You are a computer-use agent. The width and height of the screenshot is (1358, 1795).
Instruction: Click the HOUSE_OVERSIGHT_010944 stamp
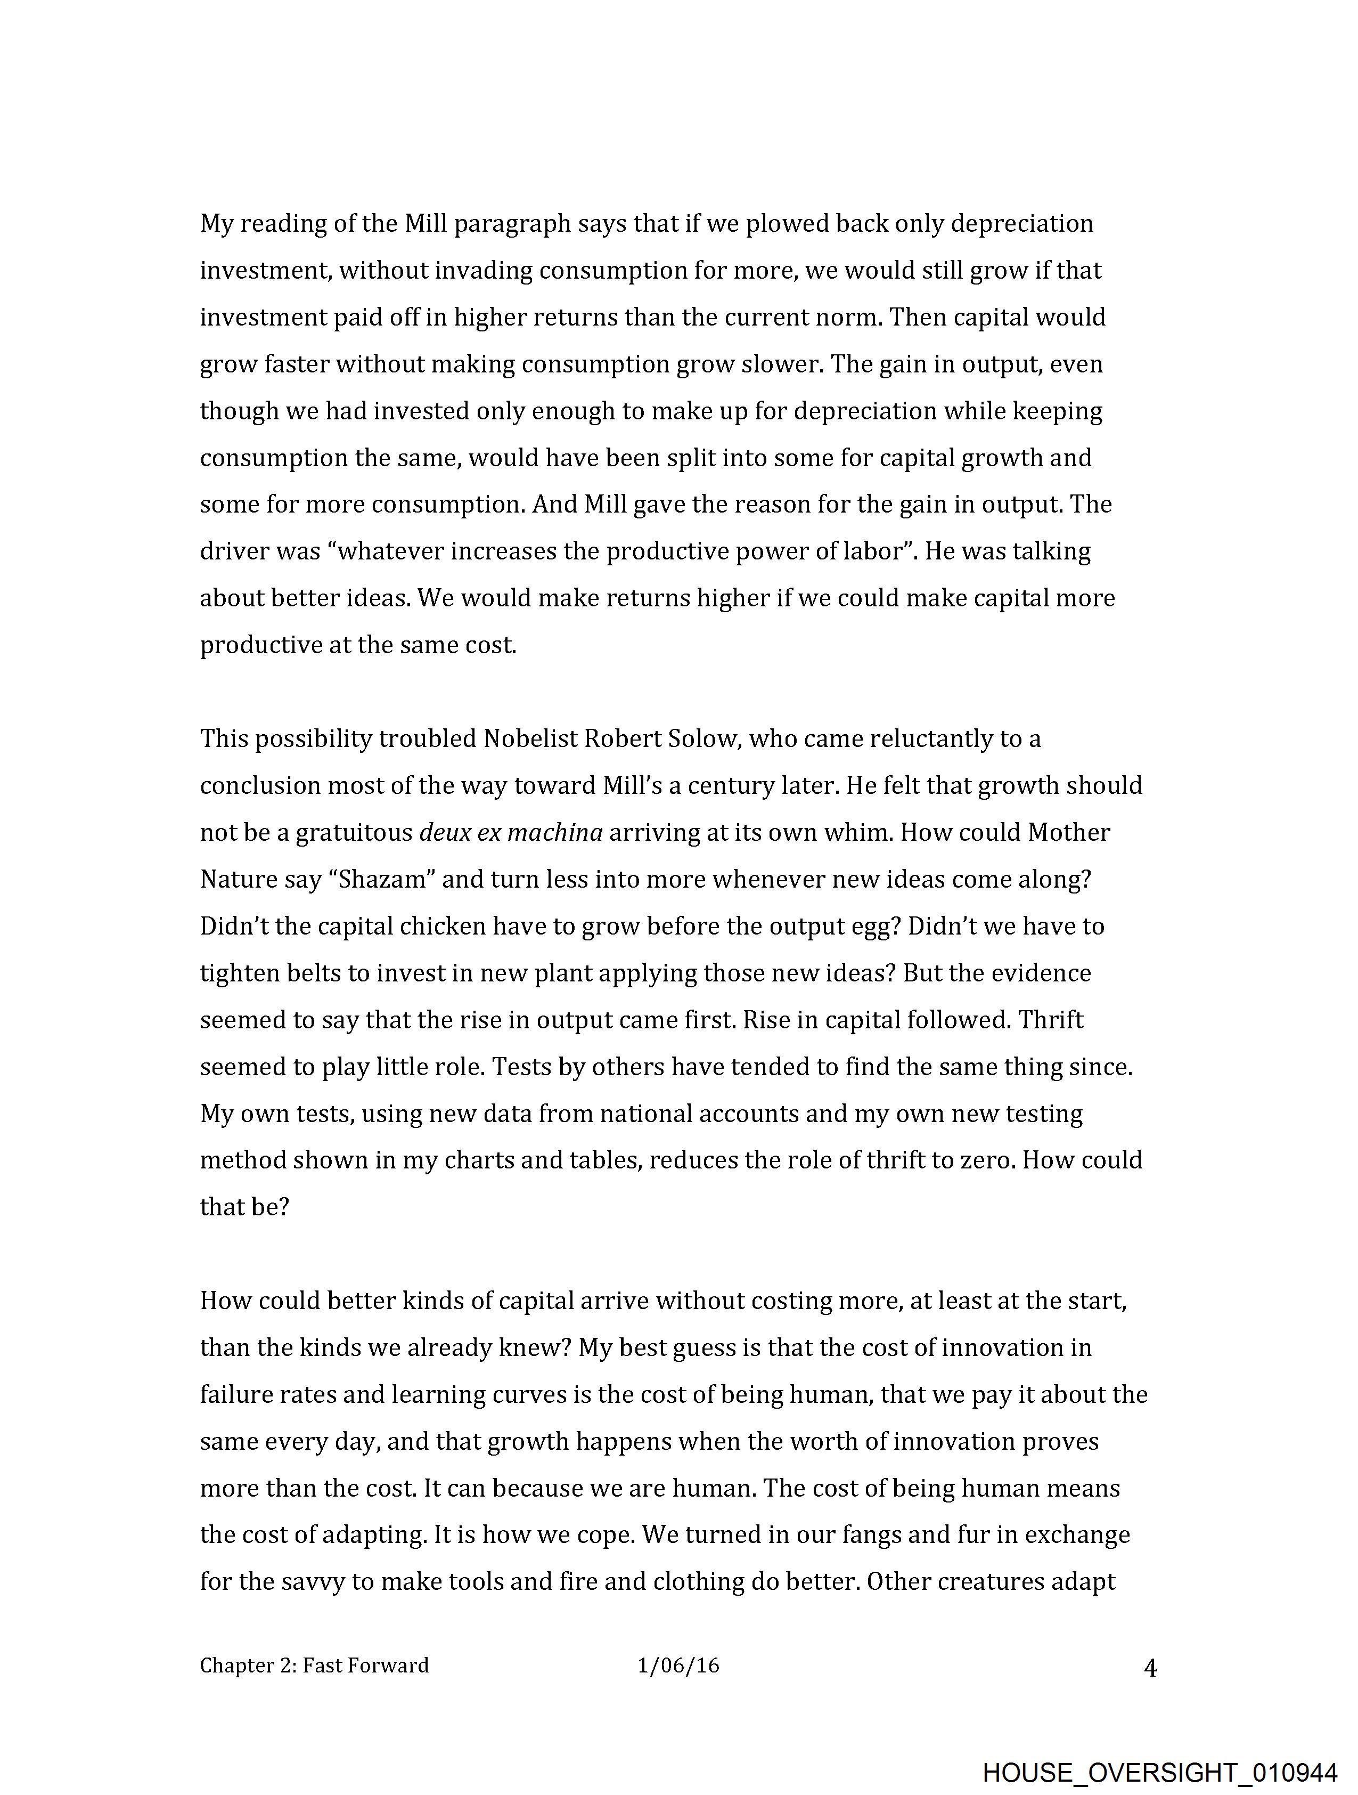pyautogui.click(x=1159, y=1772)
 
